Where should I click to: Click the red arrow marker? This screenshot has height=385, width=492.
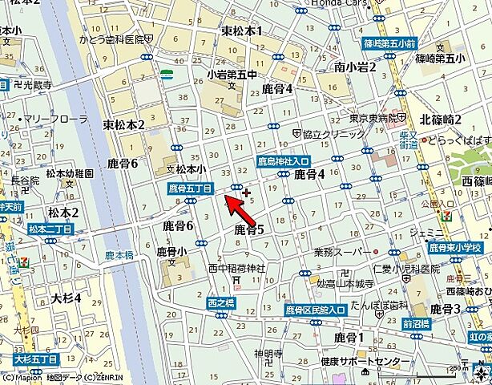pyautogui.click(x=233, y=201)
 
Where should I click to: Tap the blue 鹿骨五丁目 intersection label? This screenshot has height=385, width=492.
pyautogui.click(x=190, y=188)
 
